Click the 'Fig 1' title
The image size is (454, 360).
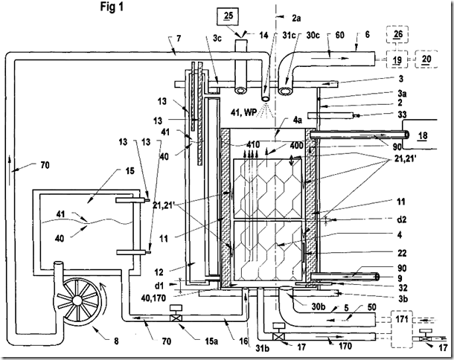(112, 7)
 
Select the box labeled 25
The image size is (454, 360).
(228, 16)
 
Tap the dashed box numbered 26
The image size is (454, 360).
(398, 34)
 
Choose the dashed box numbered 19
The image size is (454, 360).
(397, 60)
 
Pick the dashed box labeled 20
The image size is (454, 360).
(426, 59)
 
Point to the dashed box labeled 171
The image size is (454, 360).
(402, 329)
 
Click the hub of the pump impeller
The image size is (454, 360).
(77, 300)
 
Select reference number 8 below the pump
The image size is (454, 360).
(116, 341)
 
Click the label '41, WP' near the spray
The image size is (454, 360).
(244, 112)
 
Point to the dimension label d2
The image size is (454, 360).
(401, 219)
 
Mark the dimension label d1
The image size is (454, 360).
(159, 286)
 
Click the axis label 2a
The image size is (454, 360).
(296, 18)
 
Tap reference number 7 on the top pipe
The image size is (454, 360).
(179, 38)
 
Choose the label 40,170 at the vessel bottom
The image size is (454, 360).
(153, 298)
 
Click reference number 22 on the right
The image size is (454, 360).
(402, 253)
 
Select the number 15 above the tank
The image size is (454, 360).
(130, 171)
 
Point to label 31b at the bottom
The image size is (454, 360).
(262, 348)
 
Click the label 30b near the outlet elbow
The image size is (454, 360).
(318, 306)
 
